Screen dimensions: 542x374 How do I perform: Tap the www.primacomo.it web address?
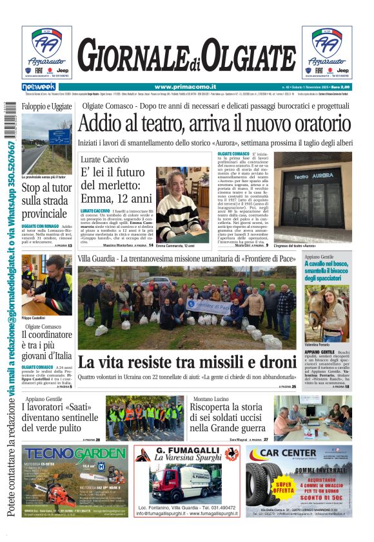coord(185,87)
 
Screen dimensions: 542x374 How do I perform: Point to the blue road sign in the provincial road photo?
coord(59,136)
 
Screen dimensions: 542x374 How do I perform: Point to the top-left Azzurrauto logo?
coord(46,51)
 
